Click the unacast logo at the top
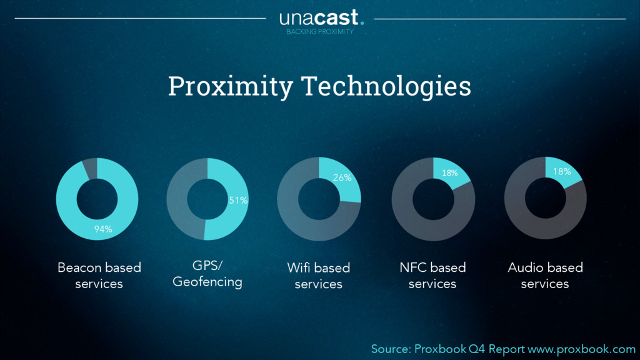click(x=320, y=17)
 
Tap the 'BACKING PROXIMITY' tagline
click(x=320, y=31)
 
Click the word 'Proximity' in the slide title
click(x=230, y=86)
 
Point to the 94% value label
click(x=103, y=229)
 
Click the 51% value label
click(x=238, y=201)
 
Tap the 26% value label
click(x=342, y=178)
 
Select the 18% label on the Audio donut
click(x=562, y=171)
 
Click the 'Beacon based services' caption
click(x=99, y=276)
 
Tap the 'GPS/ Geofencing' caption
click(x=207, y=274)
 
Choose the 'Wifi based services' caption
click(x=319, y=276)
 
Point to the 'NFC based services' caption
click(x=432, y=276)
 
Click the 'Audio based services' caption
click(x=545, y=276)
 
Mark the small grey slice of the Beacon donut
click(x=90, y=168)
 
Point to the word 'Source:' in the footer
click(x=391, y=349)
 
